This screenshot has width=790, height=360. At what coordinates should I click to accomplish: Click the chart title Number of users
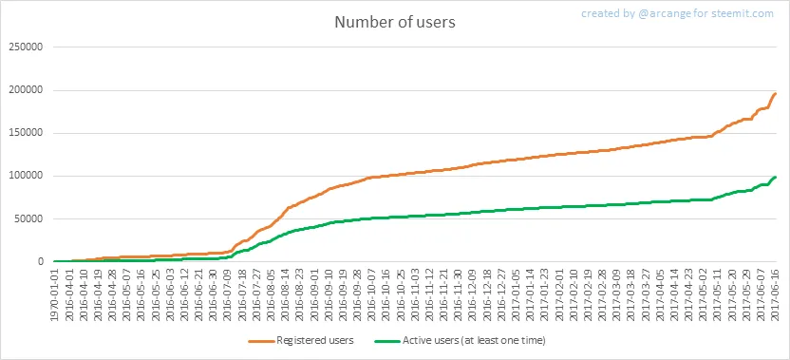pos(395,23)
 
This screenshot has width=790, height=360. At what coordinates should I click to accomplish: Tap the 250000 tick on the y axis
pos(26,47)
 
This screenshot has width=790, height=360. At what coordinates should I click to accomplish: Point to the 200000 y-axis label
pos(26,90)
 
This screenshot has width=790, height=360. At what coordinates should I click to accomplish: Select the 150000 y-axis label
pos(26,133)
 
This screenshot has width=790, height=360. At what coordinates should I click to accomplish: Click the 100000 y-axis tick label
pos(26,176)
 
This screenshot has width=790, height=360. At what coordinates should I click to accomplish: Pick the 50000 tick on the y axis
pos(28,218)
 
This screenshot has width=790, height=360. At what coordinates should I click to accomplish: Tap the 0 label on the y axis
pos(39,261)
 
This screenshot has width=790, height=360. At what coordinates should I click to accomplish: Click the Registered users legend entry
pos(301,341)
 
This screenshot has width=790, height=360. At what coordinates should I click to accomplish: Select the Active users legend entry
pos(461,341)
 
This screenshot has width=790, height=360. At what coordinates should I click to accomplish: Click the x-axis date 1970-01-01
pos(56,294)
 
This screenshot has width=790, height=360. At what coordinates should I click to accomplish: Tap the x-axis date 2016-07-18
pos(242,294)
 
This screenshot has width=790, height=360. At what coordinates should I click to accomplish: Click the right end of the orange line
pos(776,94)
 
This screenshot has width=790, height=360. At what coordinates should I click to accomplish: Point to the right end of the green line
pos(776,177)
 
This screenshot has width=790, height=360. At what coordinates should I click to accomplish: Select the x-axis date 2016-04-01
pos(70,294)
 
